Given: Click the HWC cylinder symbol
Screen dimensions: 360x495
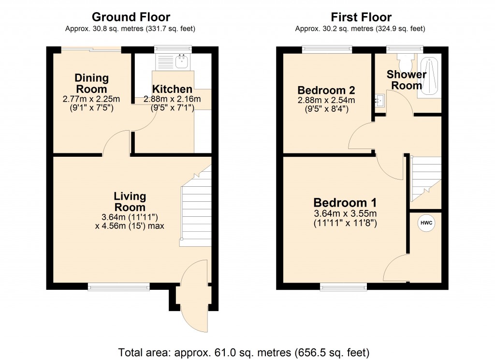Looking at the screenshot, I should click(x=426, y=223).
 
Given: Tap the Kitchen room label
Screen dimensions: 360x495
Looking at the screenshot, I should click(x=172, y=90).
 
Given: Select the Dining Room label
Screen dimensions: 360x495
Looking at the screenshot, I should click(x=91, y=83).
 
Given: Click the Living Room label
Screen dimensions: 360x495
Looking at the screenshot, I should click(x=130, y=201).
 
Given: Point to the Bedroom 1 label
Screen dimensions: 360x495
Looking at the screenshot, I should click(x=345, y=203).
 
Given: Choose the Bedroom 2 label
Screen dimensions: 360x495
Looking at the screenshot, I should click(x=326, y=90).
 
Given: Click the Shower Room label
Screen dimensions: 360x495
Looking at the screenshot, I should click(x=407, y=80).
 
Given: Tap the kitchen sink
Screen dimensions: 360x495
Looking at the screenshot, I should click(x=182, y=61).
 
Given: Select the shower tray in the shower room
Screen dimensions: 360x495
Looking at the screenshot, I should click(x=430, y=76).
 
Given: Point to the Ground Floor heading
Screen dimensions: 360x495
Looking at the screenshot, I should click(x=131, y=17).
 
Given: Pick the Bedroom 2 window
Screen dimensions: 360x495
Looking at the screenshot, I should click(x=327, y=49).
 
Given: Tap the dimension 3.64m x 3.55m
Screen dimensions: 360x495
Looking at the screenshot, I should click(x=345, y=214).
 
